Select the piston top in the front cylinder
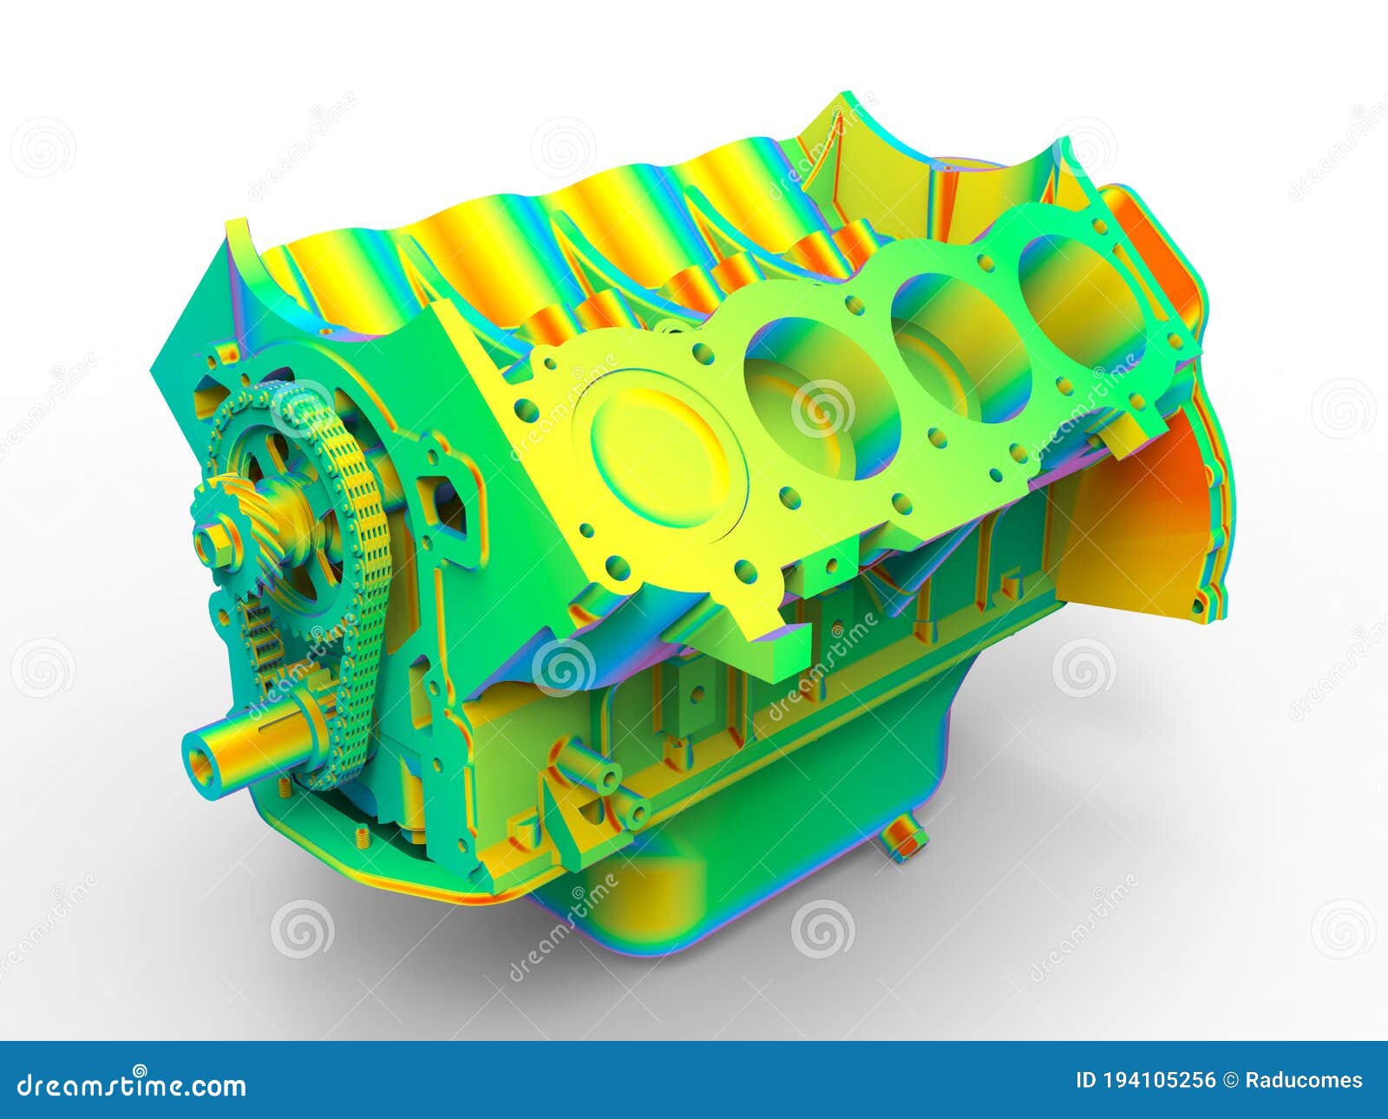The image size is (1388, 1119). tap(659, 455)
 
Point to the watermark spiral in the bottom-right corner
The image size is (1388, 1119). tap(1342, 928)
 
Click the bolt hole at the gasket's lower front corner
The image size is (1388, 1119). tap(618, 570)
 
